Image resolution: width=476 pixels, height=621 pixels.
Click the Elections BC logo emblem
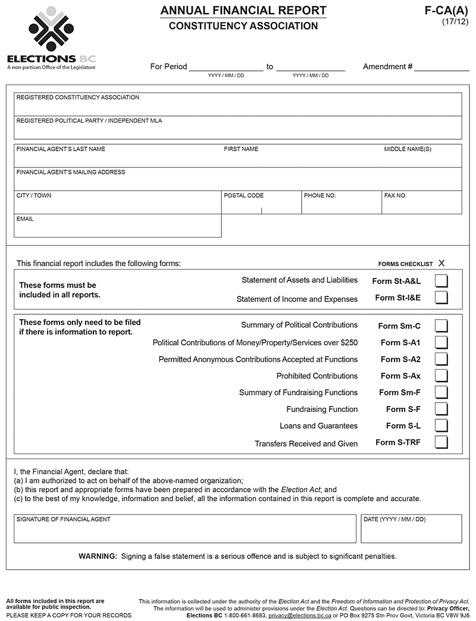(51, 29)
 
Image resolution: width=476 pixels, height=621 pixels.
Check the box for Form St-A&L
(441, 281)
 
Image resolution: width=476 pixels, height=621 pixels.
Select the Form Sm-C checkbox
(441, 326)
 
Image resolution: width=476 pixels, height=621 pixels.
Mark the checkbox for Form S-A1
(441, 342)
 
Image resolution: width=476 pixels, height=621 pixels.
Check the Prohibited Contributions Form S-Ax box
(441, 376)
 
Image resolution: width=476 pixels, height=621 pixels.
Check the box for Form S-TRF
(441, 442)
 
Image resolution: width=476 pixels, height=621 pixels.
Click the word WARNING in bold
(98, 557)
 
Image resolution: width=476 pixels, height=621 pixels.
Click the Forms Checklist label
(405, 264)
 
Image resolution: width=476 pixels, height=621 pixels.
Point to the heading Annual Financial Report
(243, 11)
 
